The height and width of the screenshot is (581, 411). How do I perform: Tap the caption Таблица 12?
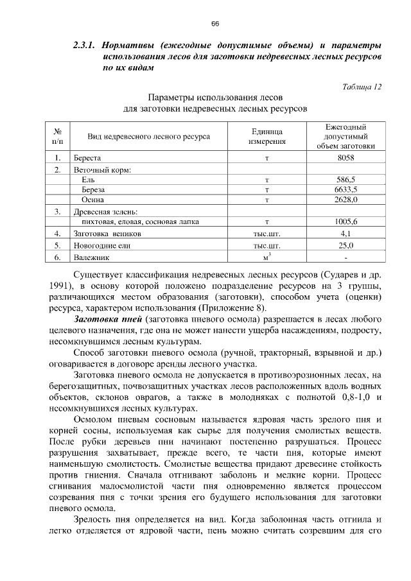click(362, 87)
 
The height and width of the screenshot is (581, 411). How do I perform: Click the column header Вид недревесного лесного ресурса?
click(148, 136)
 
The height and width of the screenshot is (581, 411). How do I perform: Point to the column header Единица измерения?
click(266, 136)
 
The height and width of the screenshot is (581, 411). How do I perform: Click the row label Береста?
click(87, 157)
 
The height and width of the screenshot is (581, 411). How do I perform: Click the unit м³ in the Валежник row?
click(266, 257)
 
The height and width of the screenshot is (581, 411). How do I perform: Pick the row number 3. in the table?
click(58, 211)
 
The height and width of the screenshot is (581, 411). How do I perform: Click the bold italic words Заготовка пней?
click(108, 319)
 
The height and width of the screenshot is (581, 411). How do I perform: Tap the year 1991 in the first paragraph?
click(60, 286)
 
